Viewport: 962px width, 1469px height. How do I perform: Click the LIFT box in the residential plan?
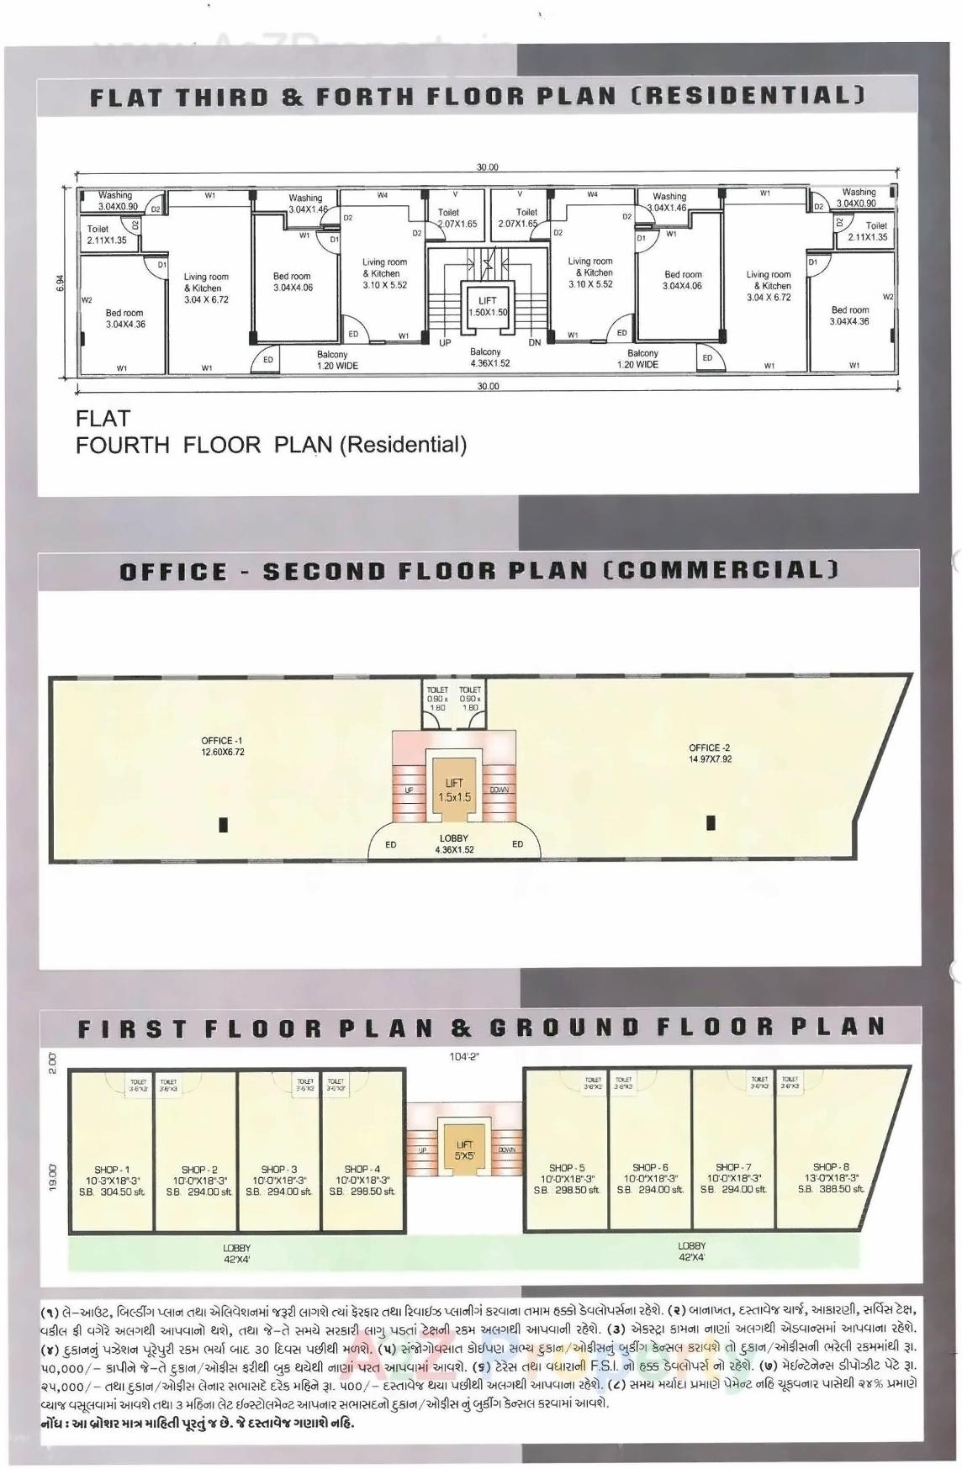[488, 305]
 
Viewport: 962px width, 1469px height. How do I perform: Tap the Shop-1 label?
[112, 1170]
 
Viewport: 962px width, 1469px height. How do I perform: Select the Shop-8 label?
[831, 1166]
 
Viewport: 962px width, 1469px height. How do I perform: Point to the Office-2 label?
[710, 748]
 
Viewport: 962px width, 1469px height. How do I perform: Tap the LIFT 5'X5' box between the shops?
[464, 1149]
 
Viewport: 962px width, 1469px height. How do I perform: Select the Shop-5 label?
[567, 1168]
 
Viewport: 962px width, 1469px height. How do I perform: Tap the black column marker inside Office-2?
[711, 823]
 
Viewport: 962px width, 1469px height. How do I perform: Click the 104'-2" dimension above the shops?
[464, 1057]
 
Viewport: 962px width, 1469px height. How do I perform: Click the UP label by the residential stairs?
[445, 343]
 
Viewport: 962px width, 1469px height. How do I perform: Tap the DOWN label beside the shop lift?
[506, 1149]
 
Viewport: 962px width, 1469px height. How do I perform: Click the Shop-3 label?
[278, 1169]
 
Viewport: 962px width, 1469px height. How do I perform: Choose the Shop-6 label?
[650, 1167]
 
